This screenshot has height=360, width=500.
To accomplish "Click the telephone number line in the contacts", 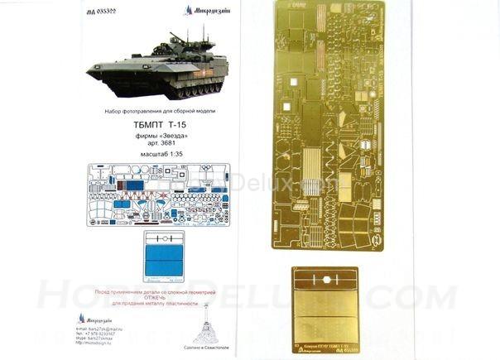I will tap(108, 334).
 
